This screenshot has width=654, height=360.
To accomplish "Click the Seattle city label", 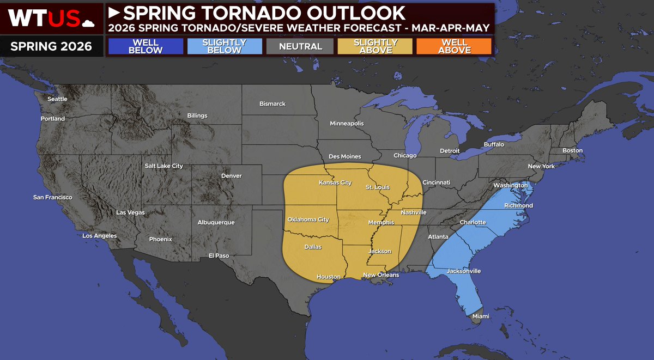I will click(x=57, y=99).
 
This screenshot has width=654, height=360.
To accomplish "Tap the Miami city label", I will click(x=481, y=316).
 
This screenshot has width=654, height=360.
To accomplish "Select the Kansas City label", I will click(x=335, y=182).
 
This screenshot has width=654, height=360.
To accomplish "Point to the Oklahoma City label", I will click(x=308, y=219).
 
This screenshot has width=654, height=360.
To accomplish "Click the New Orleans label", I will click(x=381, y=275).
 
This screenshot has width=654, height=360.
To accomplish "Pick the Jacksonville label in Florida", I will click(x=464, y=271).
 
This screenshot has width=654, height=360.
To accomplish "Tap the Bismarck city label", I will click(x=272, y=104).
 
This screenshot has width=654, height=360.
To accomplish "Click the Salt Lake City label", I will click(x=163, y=166).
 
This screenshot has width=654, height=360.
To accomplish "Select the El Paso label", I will click(x=219, y=255).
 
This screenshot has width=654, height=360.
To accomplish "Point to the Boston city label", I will click(x=572, y=150).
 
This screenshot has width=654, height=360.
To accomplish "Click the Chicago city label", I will click(x=405, y=156).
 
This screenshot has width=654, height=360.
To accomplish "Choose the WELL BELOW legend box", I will click(x=146, y=46).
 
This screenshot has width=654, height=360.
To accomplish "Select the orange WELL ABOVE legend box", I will click(x=454, y=46).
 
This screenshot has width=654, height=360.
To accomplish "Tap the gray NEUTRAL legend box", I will click(x=300, y=46).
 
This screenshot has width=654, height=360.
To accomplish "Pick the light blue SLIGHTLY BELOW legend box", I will click(x=223, y=46).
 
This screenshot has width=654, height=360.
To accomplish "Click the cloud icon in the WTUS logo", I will click(x=87, y=22).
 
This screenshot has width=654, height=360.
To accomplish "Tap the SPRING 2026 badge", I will click(x=51, y=45).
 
